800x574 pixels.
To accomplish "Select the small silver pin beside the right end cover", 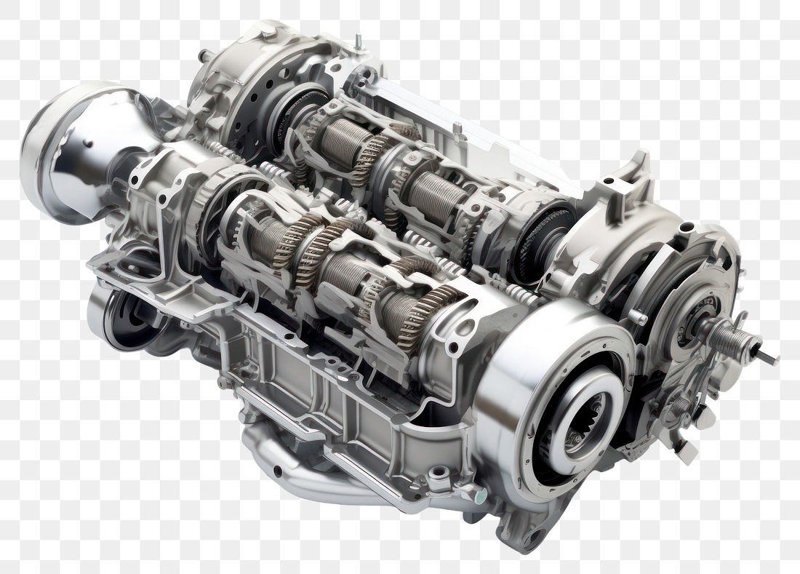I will pyautogui.click(x=637, y=317).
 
